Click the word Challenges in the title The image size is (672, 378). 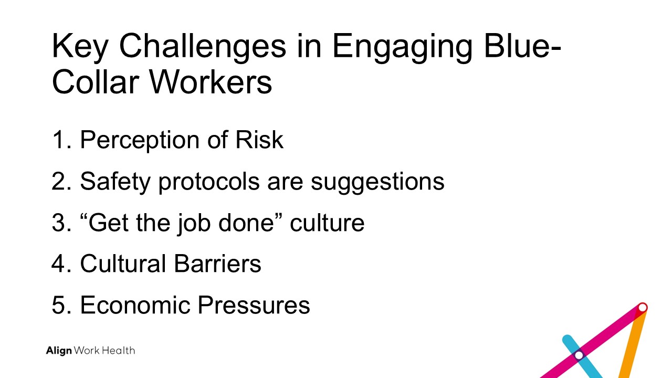point(203,46)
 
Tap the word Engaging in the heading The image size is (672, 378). point(403,48)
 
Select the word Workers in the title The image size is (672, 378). point(211,82)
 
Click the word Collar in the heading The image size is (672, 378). point(95,82)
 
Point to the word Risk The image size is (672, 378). point(259,140)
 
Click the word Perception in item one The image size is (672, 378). point(140,141)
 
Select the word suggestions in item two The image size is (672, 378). point(377,183)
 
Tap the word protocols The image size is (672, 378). point(209,182)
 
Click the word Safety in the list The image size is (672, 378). point(115,182)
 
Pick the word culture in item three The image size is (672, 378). point(327,223)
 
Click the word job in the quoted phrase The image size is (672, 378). point(194,224)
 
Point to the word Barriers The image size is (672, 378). point(217,264)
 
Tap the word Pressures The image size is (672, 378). point(254,305)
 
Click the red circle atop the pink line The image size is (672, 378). point(642,308)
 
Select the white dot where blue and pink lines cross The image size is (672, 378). point(579,355)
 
